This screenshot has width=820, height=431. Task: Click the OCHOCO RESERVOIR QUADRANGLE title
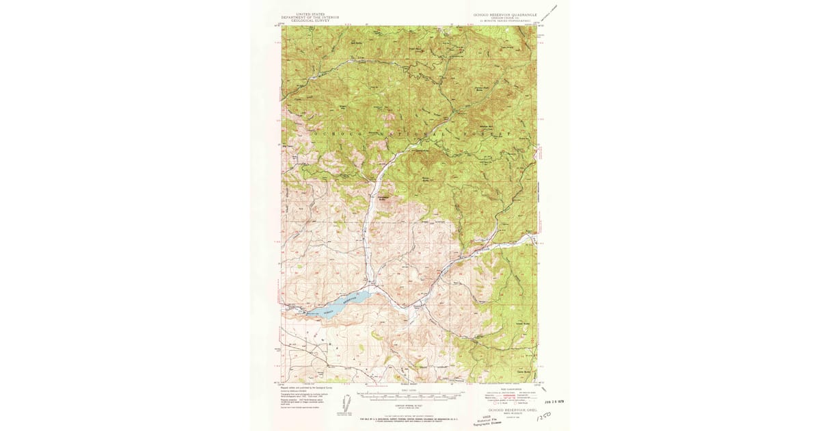(x=500, y=14)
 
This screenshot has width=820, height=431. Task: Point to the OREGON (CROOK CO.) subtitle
(x=500, y=18)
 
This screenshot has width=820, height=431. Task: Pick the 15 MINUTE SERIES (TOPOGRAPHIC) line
(x=500, y=22)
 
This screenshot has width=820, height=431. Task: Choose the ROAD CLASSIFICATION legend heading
(x=504, y=388)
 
